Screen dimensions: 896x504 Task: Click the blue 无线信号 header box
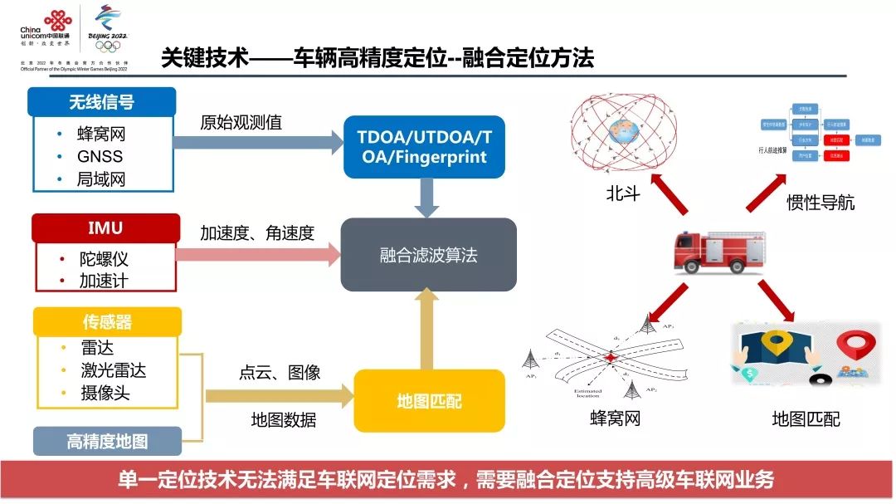(101, 101)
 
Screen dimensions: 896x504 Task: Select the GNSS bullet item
(100, 156)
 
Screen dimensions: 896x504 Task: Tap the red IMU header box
(105, 228)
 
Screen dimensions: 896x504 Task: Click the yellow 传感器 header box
(106, 321)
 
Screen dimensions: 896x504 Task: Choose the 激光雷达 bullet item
(114, 370)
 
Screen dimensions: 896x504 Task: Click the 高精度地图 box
(107, 441)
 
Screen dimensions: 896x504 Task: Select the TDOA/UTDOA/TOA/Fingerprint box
(424, 146)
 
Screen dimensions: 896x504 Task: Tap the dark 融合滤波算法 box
(428, 254)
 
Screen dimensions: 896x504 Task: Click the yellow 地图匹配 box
(429, 402)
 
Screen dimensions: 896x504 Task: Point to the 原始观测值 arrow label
(241, 123)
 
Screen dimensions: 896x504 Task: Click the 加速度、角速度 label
(257, 233)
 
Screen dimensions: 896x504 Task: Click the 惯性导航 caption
(820, 203)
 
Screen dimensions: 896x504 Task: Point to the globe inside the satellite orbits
(625, 131)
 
